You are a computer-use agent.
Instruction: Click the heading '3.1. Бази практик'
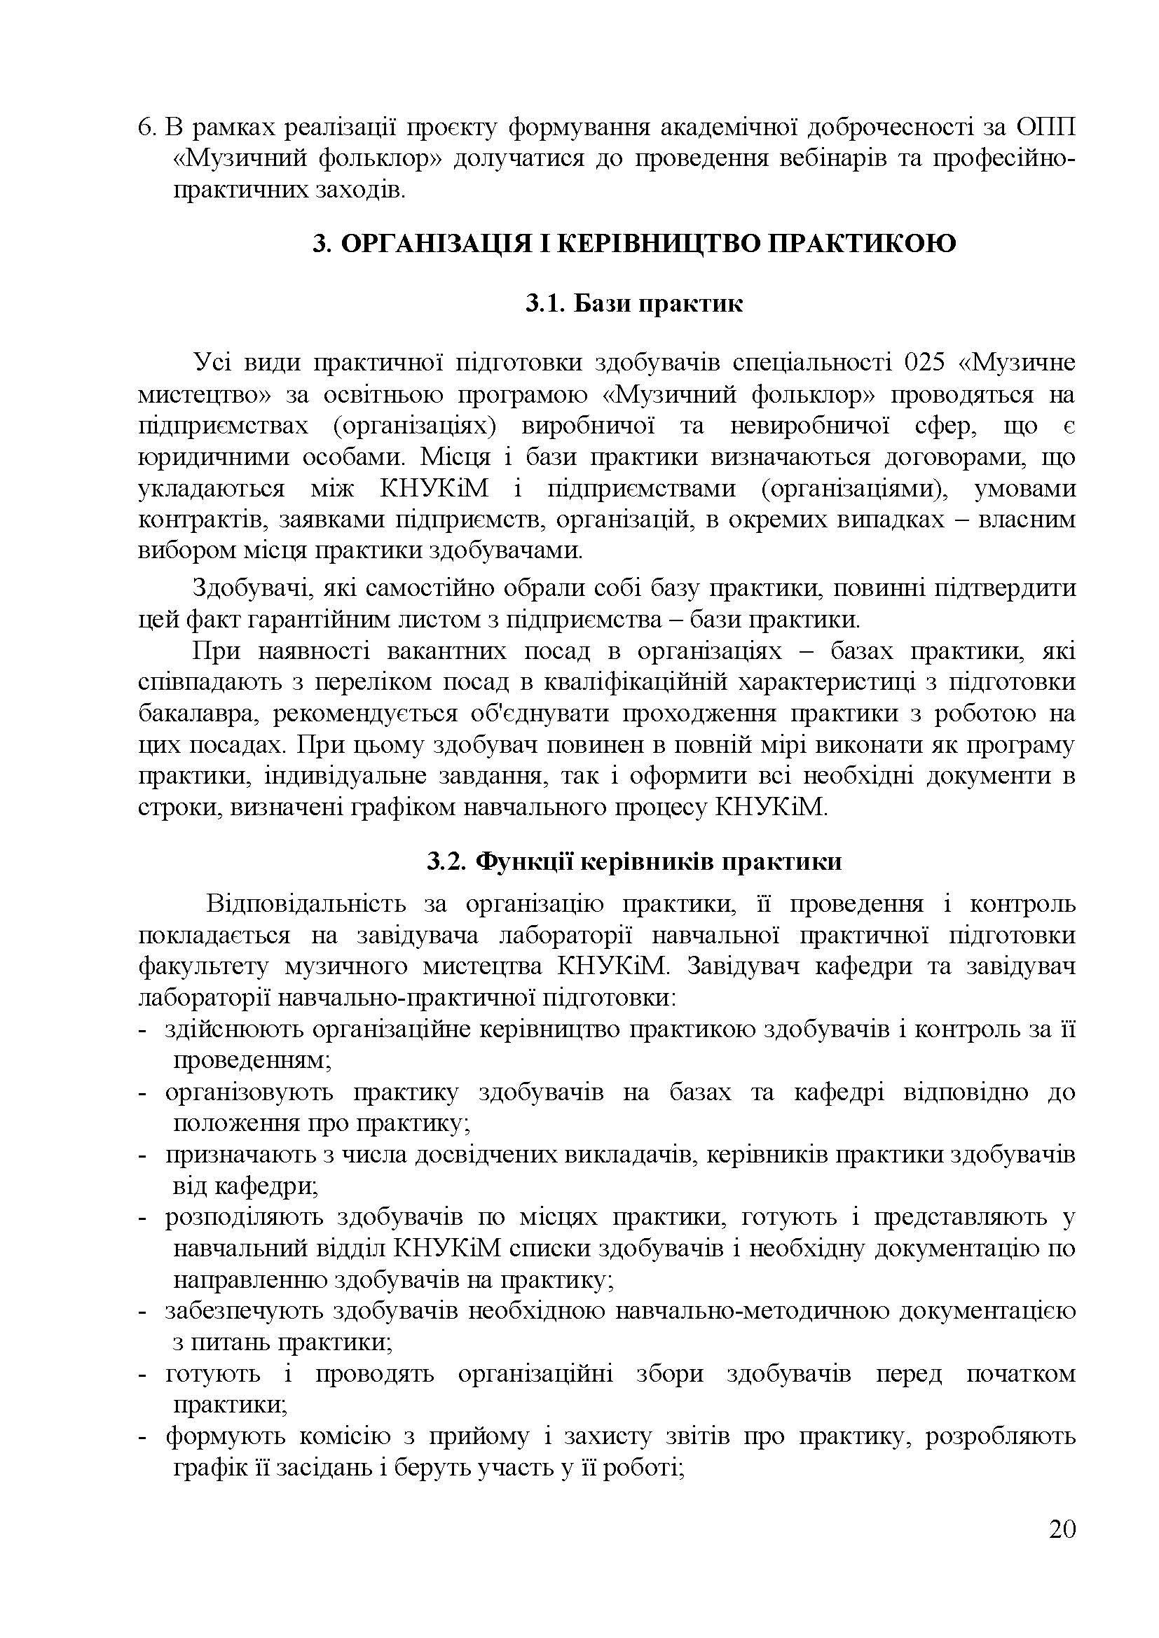(x=633, y=304)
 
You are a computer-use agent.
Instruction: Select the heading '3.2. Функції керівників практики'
(x=633, y=862)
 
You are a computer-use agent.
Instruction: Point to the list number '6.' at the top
(x=146, y=128)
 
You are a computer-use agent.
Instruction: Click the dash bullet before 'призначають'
(x=143, y=1155)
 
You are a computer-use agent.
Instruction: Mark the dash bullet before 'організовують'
(x=143, y=1092)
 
